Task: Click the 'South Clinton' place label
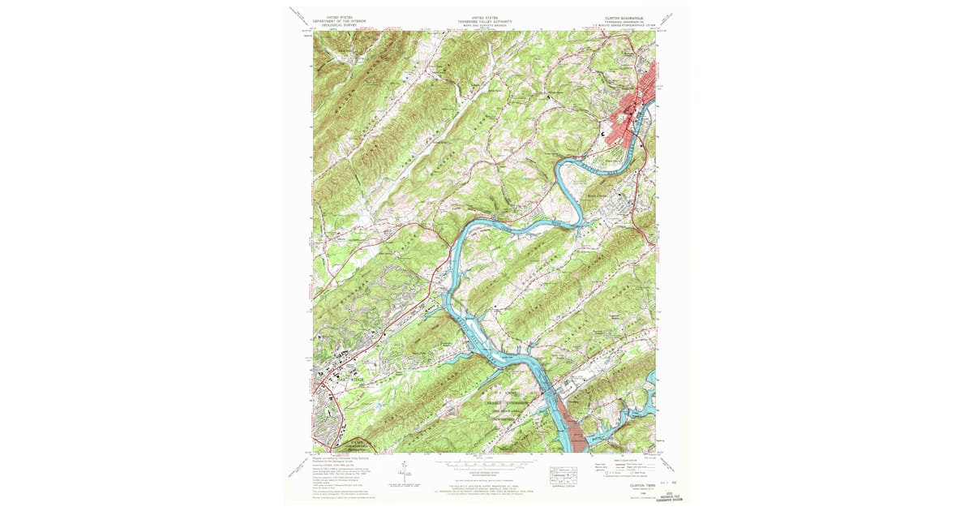point(598,193)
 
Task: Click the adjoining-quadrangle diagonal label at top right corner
point(670,17)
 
